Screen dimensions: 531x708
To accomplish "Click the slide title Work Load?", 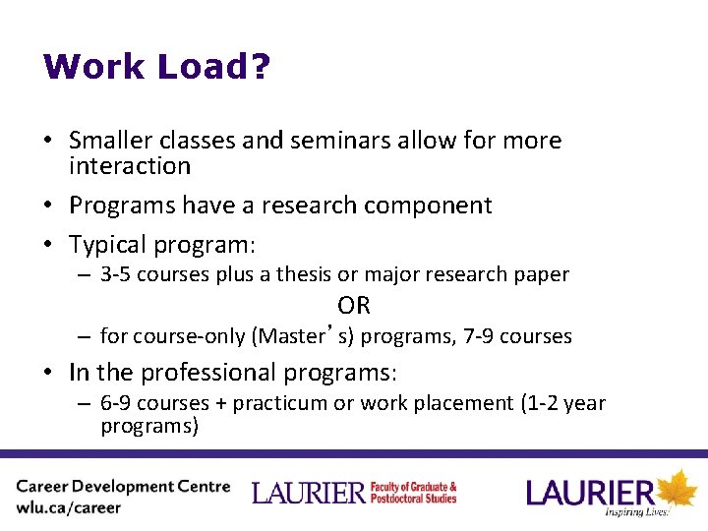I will coord(157,67).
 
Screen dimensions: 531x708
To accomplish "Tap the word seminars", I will coord(292,141).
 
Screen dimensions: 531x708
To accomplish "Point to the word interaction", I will coord(130,166).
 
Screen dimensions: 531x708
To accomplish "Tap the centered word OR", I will coord(354,305).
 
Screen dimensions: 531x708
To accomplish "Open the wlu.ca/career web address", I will coord(68,508).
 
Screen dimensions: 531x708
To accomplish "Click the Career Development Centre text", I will coord(123,487).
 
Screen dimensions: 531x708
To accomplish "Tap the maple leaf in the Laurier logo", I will coord(677,489).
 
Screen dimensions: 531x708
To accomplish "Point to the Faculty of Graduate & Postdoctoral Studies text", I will coord(413,493).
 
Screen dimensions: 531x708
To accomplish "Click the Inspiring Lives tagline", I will coord(636,512).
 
